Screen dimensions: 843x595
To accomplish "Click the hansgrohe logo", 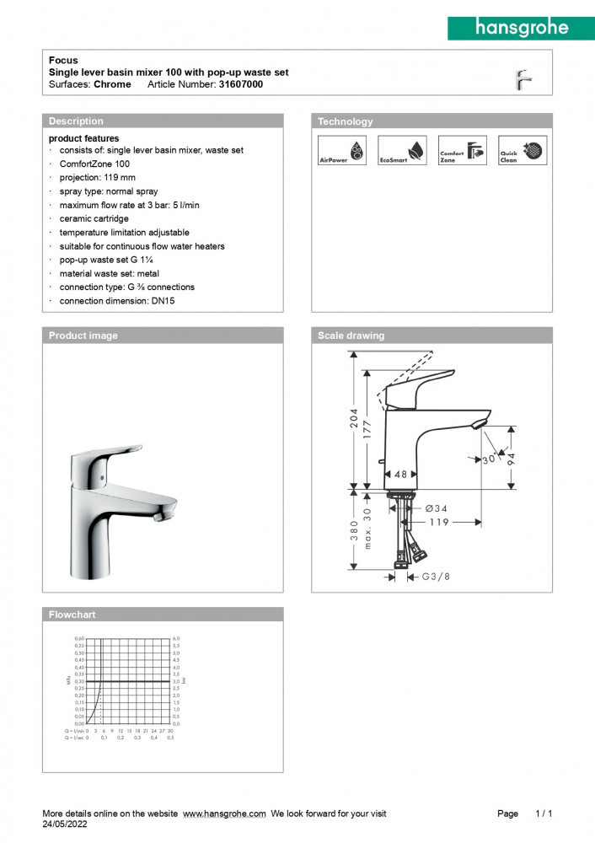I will (522, 28).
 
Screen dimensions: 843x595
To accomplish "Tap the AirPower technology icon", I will (342, 150).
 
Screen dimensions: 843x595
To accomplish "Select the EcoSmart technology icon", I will (402, 150).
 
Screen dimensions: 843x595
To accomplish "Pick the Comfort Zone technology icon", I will (462, 150).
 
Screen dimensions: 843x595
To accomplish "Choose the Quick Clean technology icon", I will (522, 150).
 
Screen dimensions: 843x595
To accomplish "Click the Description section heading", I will (76, 121).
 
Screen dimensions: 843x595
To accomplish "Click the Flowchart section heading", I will (72, 615).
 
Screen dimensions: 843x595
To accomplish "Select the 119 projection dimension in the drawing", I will (437, 523).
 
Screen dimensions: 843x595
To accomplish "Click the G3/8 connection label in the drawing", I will (436, 577).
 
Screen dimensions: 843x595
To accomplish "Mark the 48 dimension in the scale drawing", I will (401, 475).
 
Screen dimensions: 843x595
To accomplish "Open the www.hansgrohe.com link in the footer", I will (224, 813).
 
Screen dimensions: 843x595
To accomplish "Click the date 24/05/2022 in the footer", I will (65, 825).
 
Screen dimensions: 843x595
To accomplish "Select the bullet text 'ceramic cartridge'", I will (94, 218).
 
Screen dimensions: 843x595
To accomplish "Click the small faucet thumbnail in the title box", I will (523, 79).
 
